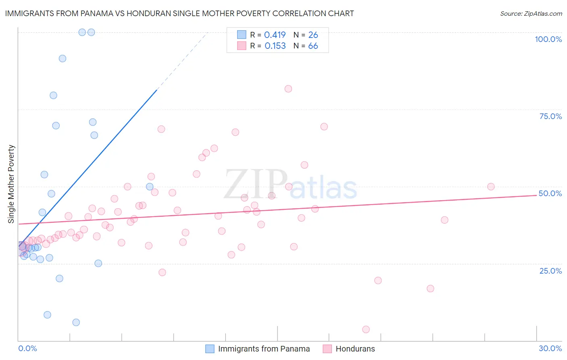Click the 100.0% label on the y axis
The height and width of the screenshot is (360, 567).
pos(548,39)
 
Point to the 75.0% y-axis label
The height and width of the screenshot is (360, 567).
pos(550,116)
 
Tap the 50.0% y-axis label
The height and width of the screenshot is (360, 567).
pos(550,193)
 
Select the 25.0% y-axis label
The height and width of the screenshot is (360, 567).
pos(550,271)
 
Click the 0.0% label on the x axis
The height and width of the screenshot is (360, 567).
pos(27,348)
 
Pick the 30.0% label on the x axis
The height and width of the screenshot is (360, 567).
pos(550,348)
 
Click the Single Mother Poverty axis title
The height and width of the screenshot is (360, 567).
pos(11,184)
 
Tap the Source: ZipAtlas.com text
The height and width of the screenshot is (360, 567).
pos(531,13)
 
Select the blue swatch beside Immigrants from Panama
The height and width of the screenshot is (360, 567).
pos(210,349)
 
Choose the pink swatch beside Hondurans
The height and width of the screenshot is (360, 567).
pos(327,349)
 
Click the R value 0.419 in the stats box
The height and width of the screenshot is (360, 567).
pos(275,35)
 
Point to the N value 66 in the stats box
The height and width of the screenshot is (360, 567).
pos(313,46)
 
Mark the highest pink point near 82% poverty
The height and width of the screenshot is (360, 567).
pos(288,89)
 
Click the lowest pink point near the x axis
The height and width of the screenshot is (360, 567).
pos(366,329)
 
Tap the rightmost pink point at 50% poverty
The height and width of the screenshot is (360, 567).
pos(491,186)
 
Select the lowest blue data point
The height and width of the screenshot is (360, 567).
pos(76,322)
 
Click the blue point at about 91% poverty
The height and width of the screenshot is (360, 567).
pos(63,59)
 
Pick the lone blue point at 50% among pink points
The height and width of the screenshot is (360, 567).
pos(150,186)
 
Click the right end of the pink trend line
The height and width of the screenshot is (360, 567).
pos(536,195)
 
